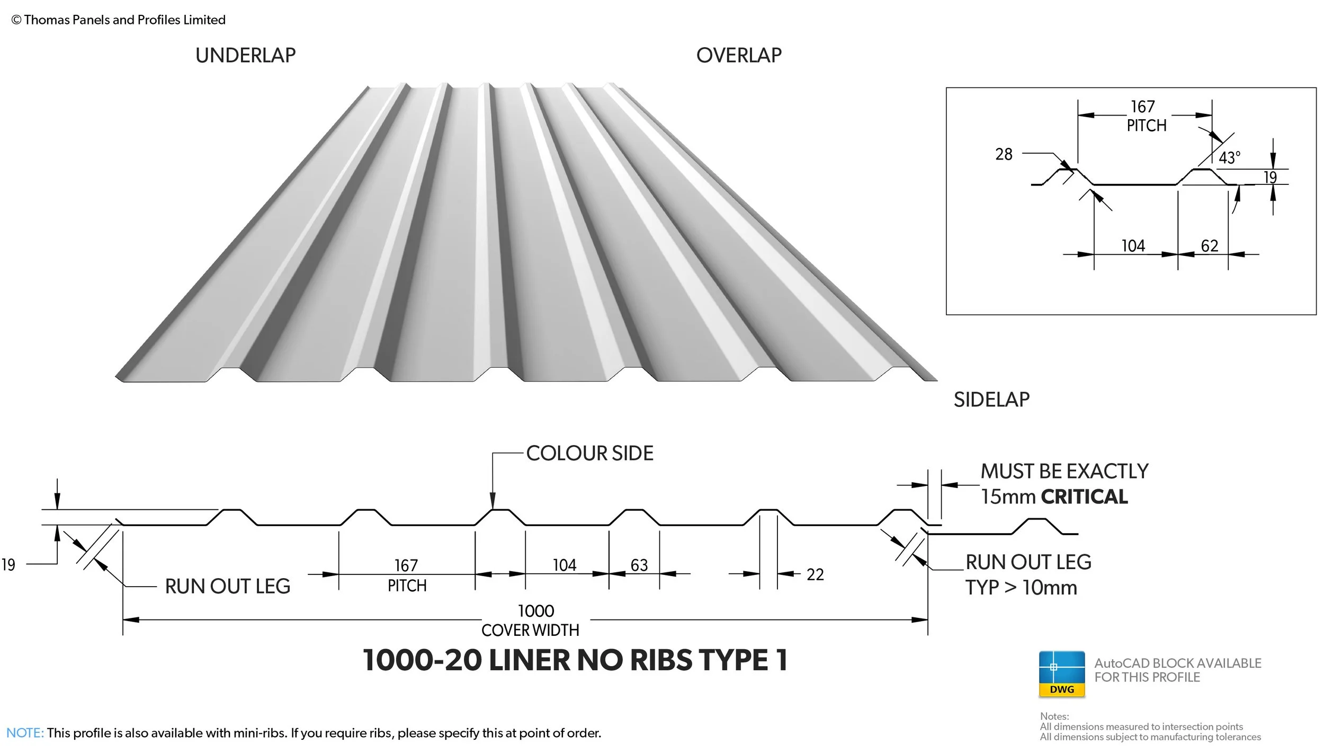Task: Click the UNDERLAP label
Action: coord(245,55)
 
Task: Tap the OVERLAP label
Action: coord(738,55)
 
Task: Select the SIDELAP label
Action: coord(991,400)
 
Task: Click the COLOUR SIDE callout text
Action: coord(589,453)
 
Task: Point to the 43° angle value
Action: coord(1229,157)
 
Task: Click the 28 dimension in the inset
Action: coord(1004,154)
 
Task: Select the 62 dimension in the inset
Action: coord(1210,246)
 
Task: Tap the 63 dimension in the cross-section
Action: coord(639,565)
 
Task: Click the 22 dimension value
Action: coord(815,574)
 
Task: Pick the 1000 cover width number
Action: coord(536,611)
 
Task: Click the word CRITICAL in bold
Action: coord(1084,497)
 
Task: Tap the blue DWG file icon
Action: coord(1061,674)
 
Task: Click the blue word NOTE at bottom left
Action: coord(25,733)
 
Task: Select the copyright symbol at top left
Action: coord(16,20)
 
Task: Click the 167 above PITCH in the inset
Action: coord(1142,107)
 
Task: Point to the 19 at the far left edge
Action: coord(8,565)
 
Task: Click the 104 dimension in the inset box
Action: coord(1133,246)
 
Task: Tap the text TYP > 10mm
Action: coord(1021,588)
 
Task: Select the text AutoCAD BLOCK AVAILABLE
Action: coord(1177,663)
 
